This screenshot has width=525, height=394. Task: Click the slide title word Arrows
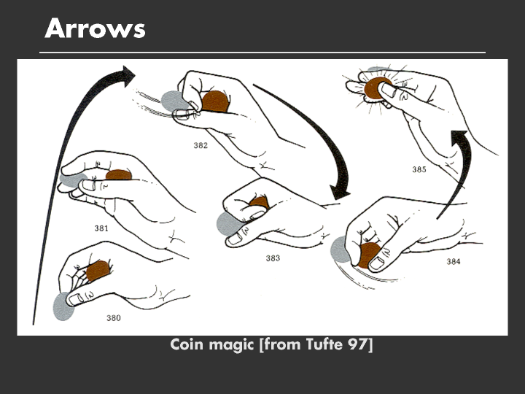[x=95, y=28]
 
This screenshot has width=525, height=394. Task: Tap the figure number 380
[x=114, y=318]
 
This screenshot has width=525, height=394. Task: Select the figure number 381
[x=101, y=228]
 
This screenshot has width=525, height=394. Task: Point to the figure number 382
[x=201, y=145]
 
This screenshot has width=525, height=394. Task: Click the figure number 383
[x=273, y=258]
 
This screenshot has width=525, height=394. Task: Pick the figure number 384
[x=454, y=261]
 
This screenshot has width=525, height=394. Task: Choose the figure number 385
[x=419, y=169]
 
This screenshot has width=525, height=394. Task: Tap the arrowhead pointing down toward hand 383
[x=340, y=192]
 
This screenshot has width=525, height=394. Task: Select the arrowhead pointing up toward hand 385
[x=459, y=137]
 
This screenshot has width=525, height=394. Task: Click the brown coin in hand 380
[x=98, y=271]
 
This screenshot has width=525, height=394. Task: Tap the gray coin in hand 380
[x=63, y=306]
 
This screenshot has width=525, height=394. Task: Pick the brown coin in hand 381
[x=119, y=175]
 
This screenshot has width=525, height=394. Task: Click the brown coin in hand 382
[x=216, y=101]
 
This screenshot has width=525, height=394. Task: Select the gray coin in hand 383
[x=228, y=224]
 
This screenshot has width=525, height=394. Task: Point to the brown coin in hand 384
[x=368, y=255]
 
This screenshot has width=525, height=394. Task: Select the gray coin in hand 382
[x=173, y=101]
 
